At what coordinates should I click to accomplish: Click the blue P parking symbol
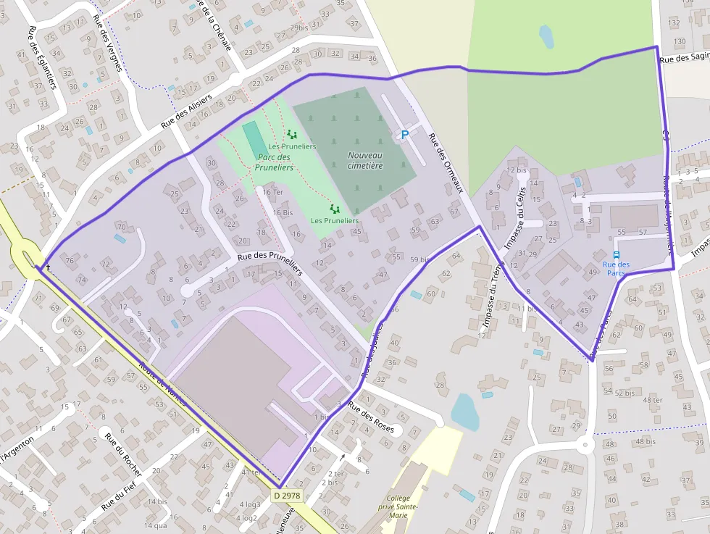(405, 135)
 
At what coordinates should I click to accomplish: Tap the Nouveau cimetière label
(365, 160)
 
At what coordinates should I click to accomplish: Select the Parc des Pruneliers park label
(274, 162)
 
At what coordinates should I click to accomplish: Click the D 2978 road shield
(288, 496)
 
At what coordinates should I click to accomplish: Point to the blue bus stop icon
(617, 255)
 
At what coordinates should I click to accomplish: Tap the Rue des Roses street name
(371, 418)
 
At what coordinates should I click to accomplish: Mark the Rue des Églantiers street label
(42, 58)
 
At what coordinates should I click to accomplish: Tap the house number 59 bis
(419, 259)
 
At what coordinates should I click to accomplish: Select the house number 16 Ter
(273, 192)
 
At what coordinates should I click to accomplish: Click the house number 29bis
(298, 28)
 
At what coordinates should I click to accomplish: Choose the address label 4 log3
(248, 504)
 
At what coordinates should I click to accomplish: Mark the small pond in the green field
(546, 36)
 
